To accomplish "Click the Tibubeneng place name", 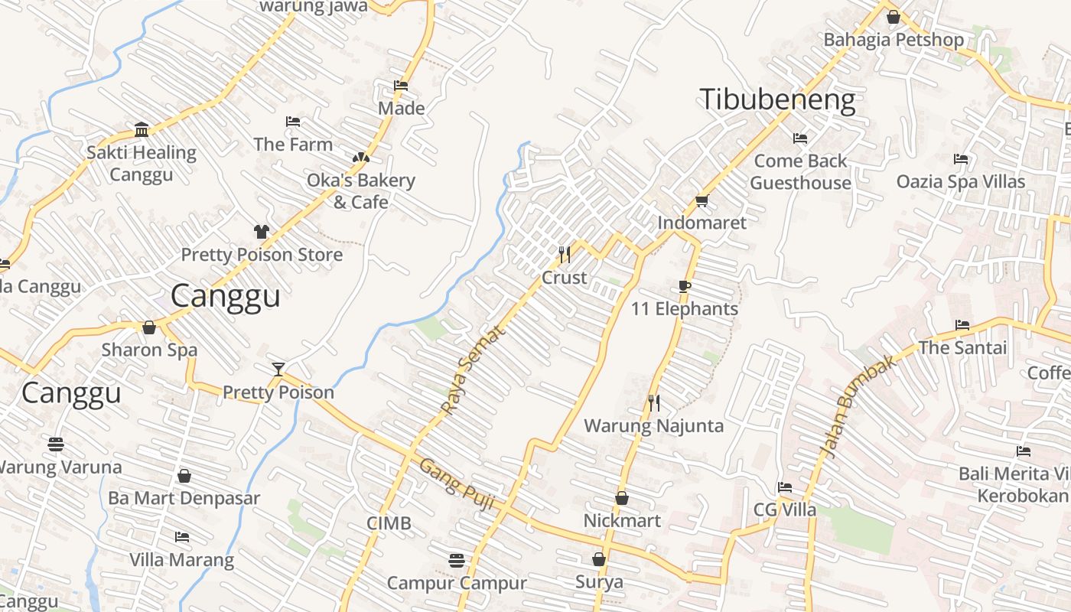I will (x=777, y=100).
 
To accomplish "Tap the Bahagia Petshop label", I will (x=893, y=40).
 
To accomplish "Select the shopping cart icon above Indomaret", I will (x=702, y=201).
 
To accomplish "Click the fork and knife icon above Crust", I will (x=565, y=254).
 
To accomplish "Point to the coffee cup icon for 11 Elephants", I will (x=685, y=287).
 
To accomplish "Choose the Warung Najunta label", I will (x=653, y=426).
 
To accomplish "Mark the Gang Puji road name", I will (x=457, y=484).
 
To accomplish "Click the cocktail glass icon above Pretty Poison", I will (x=278, y=370).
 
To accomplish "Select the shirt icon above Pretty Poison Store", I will (x=262, y=232).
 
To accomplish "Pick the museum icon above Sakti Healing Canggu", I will (x=142, y=130).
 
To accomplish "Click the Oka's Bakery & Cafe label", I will (x=361, y=191).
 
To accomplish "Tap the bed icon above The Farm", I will (x=293, y=122).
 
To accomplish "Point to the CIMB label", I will (x=389, y=523).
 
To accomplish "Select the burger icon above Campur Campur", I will (x=457, y=561).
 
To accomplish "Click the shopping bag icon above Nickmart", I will (x=622, y=498).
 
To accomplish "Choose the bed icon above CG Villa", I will (x=785, y=487).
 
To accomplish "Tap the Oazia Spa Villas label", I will (x=961, y=182).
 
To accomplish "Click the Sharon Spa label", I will (x=150, y=350).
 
